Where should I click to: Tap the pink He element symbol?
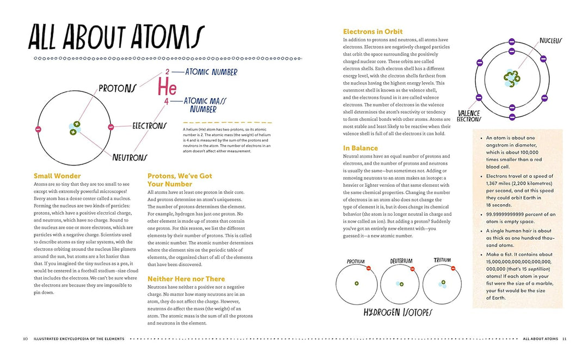pos(167,87)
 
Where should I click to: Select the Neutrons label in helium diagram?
pos(130,157)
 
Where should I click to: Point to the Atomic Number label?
pos(211,72)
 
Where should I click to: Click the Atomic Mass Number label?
pos(204,105)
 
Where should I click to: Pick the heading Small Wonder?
pos(57,176)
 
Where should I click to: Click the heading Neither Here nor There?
pos(186,279)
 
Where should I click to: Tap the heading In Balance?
pos(360,148)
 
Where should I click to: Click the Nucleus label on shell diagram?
pos(550,41)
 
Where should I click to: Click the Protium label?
pos(356,262)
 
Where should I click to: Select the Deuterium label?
pos(401,261)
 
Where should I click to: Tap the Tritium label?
pos(442,260)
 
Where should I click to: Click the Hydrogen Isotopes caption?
pos(399,313)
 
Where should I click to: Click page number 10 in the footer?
pos(25,339)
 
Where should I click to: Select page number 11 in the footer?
pos(564,339)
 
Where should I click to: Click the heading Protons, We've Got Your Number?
pos(180,180)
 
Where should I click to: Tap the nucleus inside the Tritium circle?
pos(443,283)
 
